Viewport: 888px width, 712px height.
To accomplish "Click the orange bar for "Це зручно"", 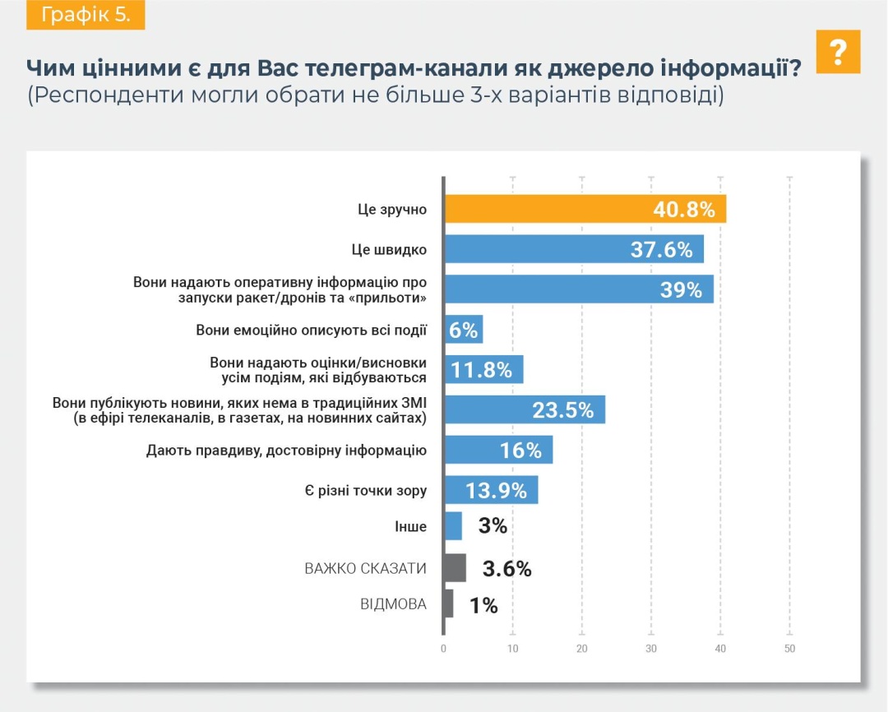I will tap(585, 209).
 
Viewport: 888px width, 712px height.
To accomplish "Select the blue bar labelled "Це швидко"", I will tap(573, 249).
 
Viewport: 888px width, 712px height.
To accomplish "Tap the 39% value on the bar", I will tap(681, 289).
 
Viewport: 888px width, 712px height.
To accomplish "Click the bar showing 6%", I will tap(464, 330).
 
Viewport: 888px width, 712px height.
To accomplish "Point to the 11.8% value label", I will tap(483, 370).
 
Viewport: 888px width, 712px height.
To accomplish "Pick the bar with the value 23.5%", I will tap(525, 409).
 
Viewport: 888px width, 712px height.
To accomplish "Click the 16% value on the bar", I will tap(520, 450).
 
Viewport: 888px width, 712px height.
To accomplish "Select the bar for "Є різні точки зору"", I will tap(491, 490).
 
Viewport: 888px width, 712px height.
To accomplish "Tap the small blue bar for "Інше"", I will tap(453, 526).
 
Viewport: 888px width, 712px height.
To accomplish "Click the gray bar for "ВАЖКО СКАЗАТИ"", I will tap(455, 568).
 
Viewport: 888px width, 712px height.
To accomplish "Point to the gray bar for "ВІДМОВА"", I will tap(448, 604).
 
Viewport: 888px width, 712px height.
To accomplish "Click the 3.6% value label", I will tap(506, 568).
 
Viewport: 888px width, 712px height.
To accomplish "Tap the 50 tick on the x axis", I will tap(789, 650).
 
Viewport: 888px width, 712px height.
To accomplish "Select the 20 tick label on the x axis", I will tap(581, 650).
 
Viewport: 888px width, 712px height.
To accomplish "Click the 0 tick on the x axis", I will tap(443, 650).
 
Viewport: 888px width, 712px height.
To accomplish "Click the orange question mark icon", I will tap(839, 52).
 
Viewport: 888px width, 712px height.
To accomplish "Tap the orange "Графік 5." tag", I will tap(86, 16).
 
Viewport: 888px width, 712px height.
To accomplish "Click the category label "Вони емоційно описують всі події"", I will tap(312, 331).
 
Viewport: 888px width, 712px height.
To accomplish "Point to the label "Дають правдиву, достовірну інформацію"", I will tap(286, 451).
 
